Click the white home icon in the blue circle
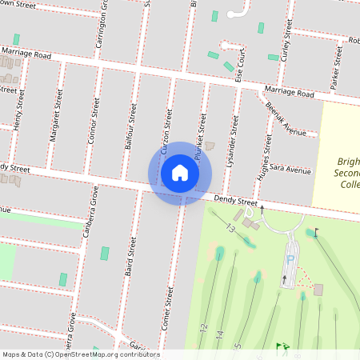coord(180,172)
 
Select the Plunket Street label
coord(202,126)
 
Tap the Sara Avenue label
coord(290,170)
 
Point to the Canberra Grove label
coord(90,214)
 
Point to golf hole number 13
coord(231,230)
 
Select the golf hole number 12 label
coord(205,328)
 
